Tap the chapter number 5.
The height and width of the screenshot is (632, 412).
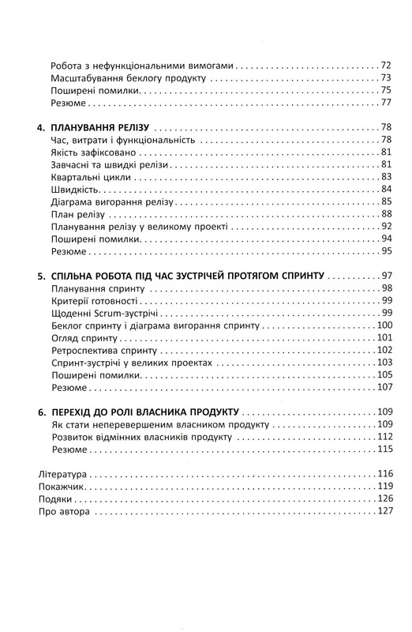(41, 277)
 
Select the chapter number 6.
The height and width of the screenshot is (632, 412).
(41, 413)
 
